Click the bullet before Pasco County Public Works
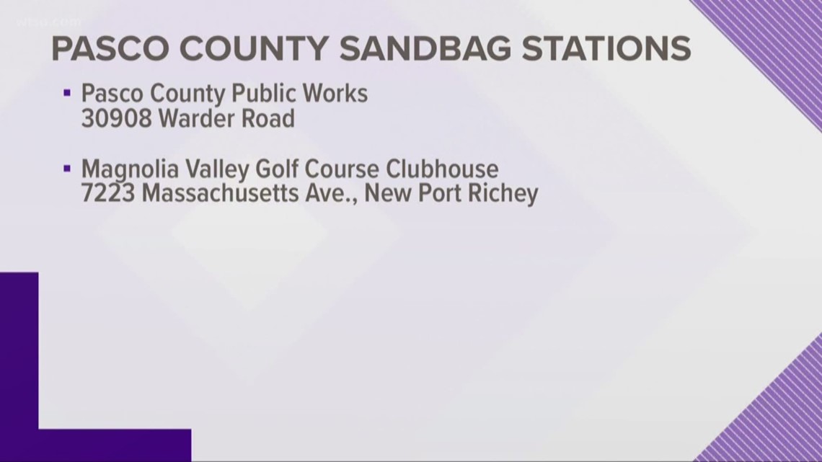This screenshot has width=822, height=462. (67, 92)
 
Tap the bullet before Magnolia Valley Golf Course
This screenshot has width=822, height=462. (67, 169)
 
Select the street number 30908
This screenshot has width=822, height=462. (116, 118)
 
